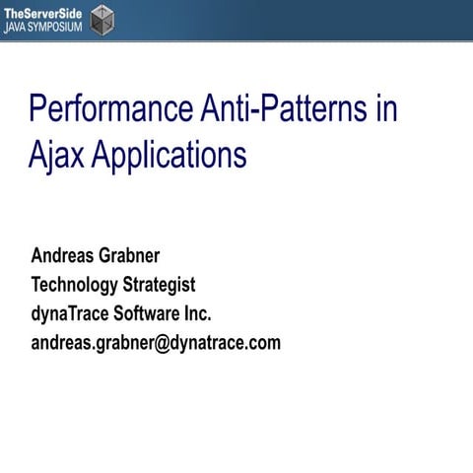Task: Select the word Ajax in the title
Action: pos(55,156)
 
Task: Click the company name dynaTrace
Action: pos(70,314)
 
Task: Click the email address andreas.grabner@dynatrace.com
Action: pos(156,343)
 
